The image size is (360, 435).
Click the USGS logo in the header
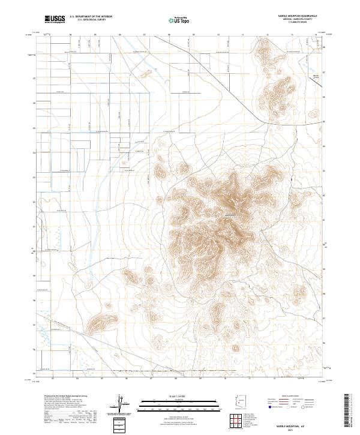click(x=55, y=20)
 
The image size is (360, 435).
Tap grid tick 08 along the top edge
click(x=169, y=35)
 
